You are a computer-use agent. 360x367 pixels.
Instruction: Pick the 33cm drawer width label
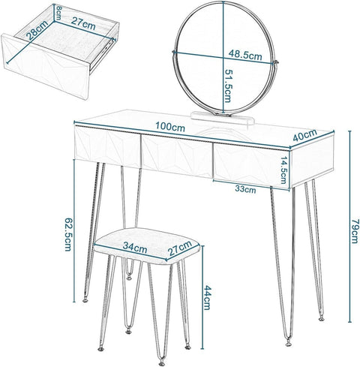click(244, 190)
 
